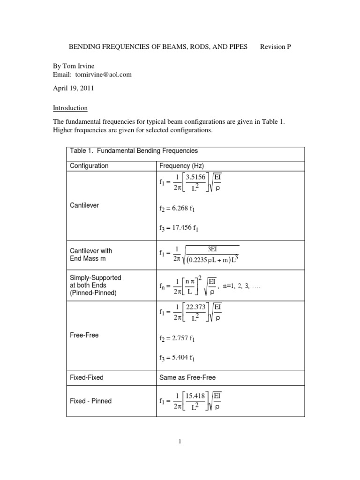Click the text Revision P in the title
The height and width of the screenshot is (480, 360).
coord(276,47)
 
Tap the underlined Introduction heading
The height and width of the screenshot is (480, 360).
coord(70,108)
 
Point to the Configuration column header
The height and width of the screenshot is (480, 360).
coord(89,165)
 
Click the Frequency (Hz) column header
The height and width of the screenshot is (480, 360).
coord(181,165)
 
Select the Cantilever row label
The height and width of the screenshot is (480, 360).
coord(84,205)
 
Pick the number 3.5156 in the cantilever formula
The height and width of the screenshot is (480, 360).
coord(197,178)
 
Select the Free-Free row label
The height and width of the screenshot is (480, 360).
coord(84,335)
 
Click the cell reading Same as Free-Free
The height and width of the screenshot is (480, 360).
coord(187,377)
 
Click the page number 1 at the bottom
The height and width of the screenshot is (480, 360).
coord(180,441)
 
